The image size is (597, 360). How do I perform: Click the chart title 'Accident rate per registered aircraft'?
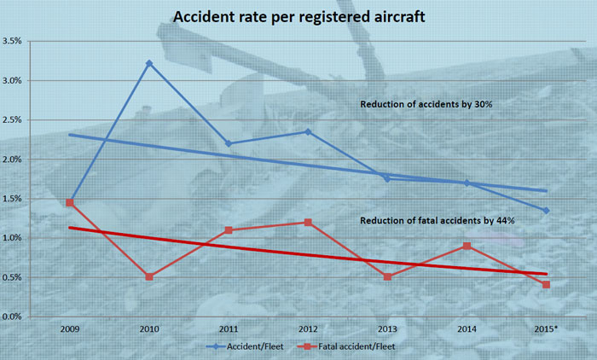point(298,16)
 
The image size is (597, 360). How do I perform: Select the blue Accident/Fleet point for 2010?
point(149,63)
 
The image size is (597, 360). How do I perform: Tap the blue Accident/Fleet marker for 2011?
point(229,143)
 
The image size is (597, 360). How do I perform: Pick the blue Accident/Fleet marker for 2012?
point(308,131)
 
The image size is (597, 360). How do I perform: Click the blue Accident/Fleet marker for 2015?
point(546,211)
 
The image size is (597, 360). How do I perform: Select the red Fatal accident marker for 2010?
point(149,276)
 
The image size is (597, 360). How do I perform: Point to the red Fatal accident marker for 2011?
point(229,229)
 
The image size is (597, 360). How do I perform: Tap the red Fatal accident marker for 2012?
point(308,222)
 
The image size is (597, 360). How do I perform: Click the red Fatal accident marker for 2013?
point(387,276)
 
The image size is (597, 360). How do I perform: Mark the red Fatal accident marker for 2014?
point(467,246)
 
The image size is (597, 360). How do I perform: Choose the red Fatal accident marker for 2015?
point(546,284)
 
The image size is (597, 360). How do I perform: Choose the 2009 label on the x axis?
point(70,328)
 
